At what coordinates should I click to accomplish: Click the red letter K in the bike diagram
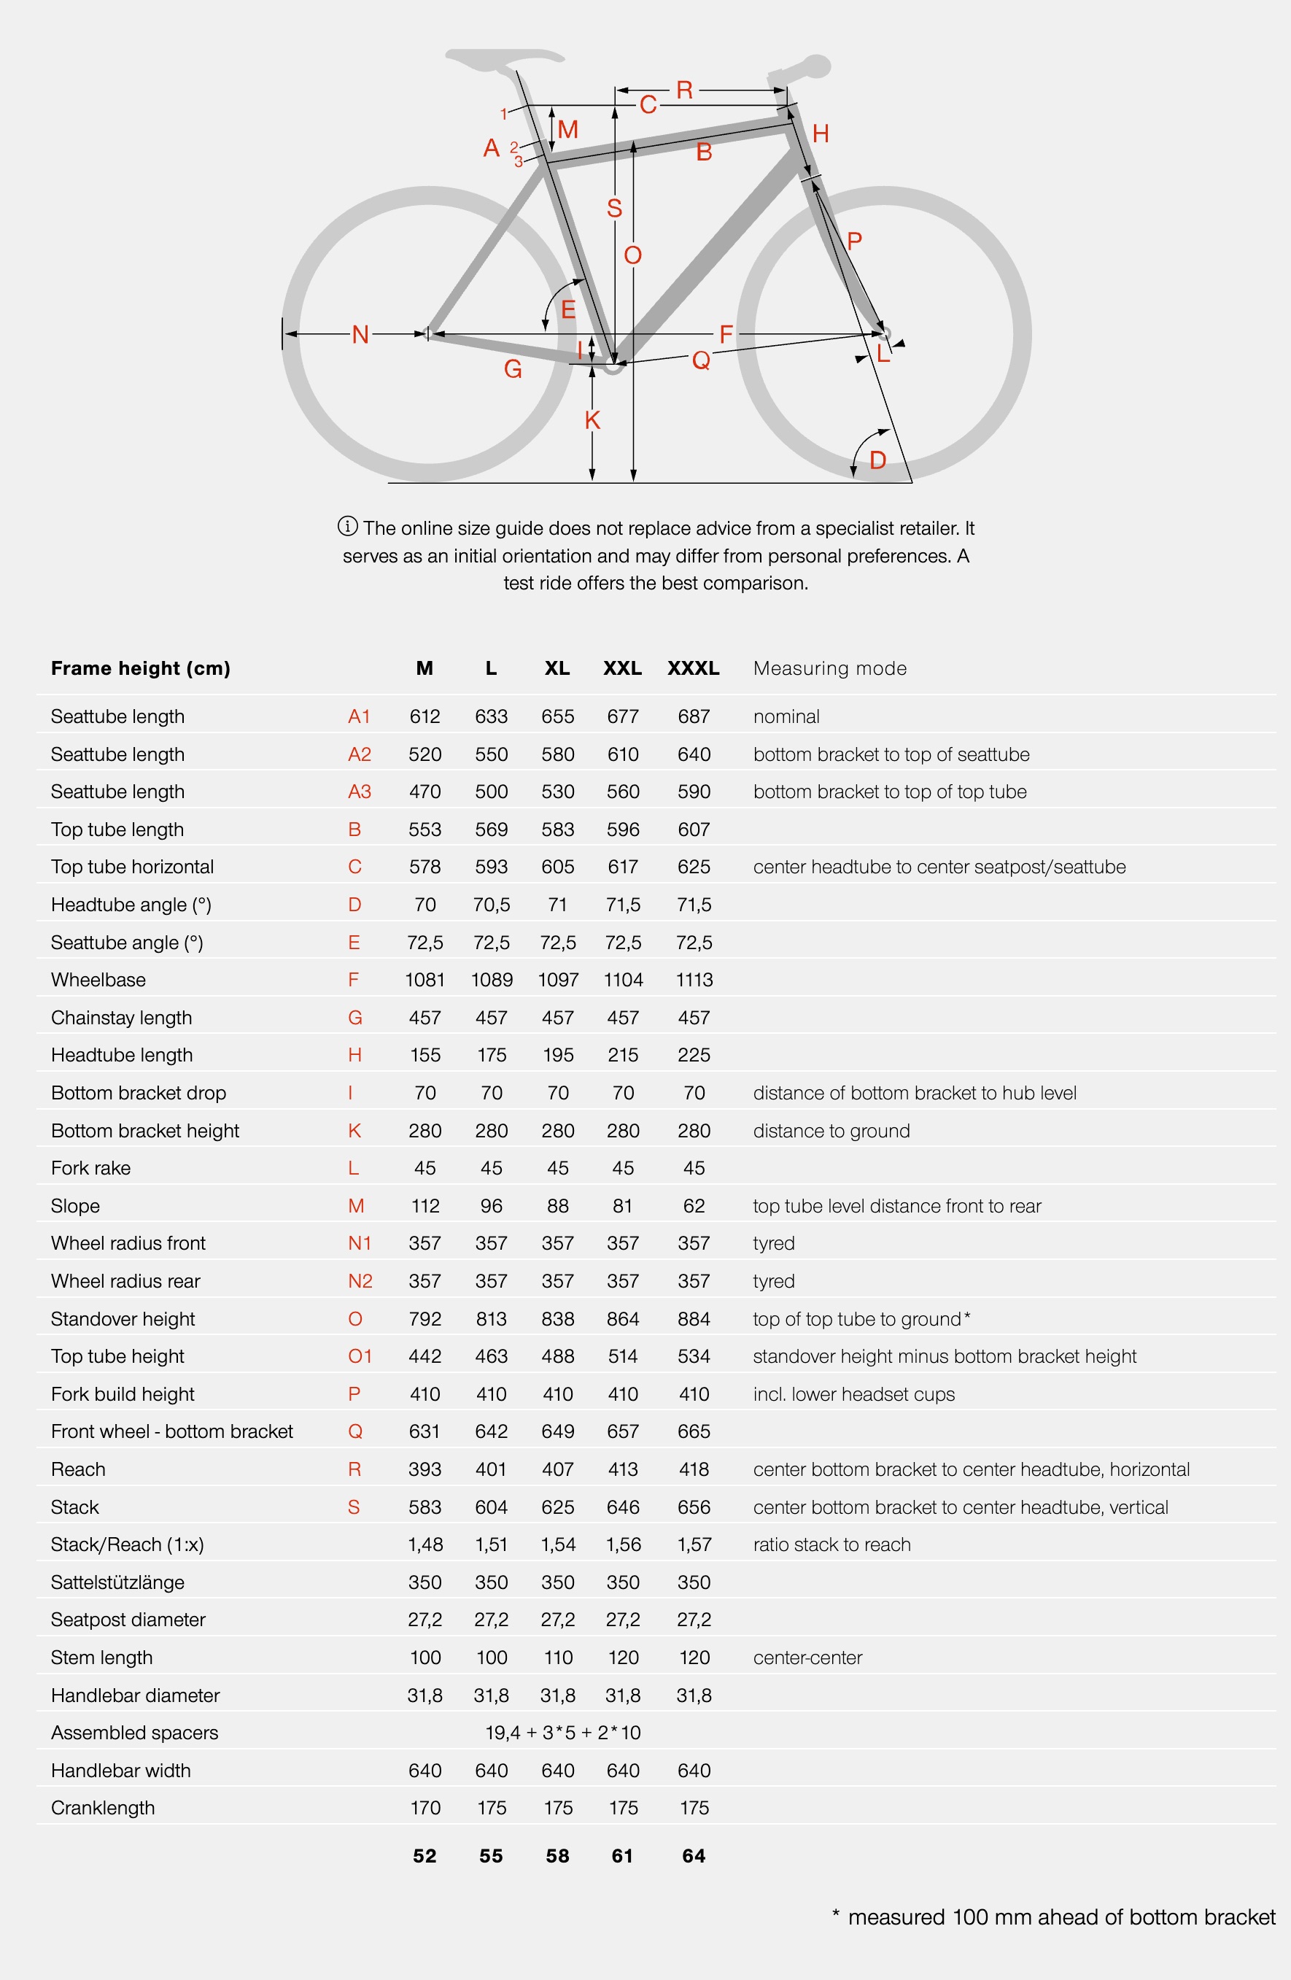[592, 420]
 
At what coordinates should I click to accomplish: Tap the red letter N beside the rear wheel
[360, 334]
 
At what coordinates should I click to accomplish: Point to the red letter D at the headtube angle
[877, 460]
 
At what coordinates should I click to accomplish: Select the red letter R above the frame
[685, 90]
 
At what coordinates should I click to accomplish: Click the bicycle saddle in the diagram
[504, 58]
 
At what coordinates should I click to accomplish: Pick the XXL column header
[622, 668]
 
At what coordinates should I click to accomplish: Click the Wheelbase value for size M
[425, 980]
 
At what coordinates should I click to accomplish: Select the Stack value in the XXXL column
[694, 1507]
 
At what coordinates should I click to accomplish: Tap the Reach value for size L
[492, 1469]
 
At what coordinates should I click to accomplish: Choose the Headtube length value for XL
[557, 1055]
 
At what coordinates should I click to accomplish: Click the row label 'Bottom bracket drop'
[138, 1092]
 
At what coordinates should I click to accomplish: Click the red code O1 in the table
[360, 1356]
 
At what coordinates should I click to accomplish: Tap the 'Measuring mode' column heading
[829, 668]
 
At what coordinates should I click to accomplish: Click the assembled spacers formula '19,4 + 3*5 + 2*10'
[563, 1732]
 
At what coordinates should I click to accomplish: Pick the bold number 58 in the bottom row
[557, 1855]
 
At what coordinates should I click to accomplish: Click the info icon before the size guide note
[348, 526]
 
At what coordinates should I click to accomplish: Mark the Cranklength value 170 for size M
[425, 1807]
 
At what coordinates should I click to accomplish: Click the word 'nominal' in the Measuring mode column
[786, 716]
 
